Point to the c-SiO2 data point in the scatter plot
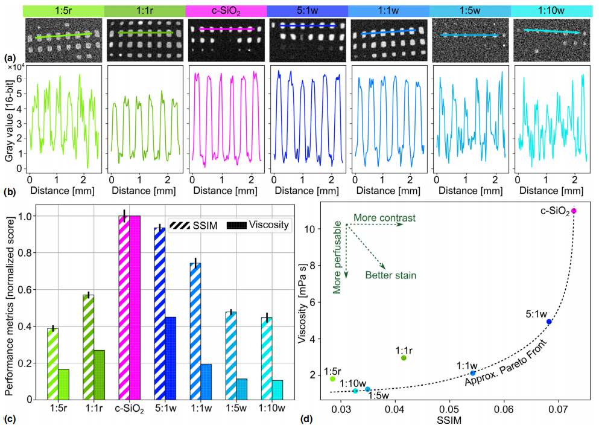tap(574, 211)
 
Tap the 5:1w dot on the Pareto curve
tap(549, 322)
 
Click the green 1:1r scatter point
tap(404, 358)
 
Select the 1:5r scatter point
tap(332, 378)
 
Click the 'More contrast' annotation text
tap(384, 217)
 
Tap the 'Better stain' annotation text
tap(391, 275)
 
